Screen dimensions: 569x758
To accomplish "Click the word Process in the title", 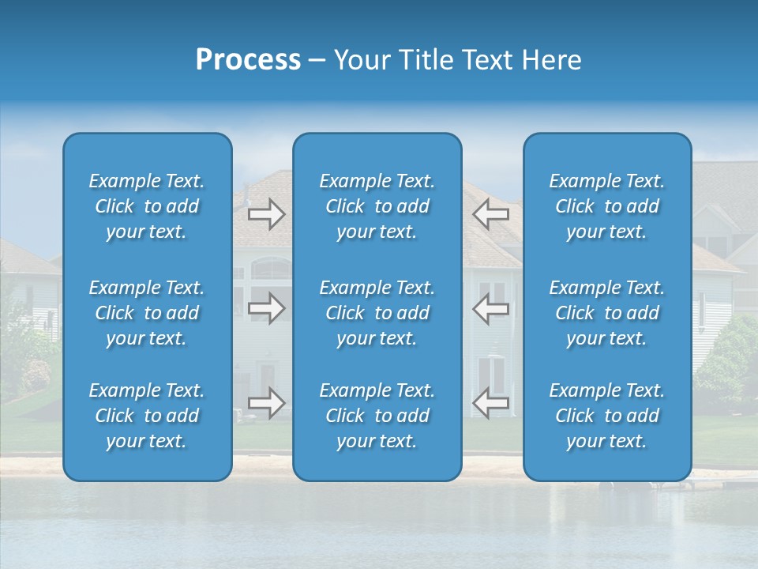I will tap(248, 60).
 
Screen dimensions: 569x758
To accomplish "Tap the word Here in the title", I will tap(551, 60).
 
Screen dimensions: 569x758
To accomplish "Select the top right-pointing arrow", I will tap(267, 213).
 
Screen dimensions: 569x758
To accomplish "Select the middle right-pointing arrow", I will tap(267, 308).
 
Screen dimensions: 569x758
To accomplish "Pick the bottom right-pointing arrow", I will tap(267, 403).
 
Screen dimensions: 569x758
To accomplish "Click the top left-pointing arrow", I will tap(490, 213).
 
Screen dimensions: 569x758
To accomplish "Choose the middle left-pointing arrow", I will tap(490, 308).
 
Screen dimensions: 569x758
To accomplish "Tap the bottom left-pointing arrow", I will tap(490, 403).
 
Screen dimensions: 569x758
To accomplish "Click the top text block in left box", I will tap(147, 206).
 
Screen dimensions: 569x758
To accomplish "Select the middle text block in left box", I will tap(147, 313).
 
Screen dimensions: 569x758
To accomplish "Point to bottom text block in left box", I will tap(147, 416).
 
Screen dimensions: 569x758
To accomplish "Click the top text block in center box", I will tap(377, 206).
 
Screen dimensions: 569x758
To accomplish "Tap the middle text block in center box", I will tap(377, 313).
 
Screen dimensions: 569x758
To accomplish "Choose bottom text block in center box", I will tap(377, 416).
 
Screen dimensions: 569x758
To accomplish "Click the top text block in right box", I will tap(607, 206).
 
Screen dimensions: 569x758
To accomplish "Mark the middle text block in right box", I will tap(607, 313).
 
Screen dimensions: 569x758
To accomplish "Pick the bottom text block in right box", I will tap(607, 416).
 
